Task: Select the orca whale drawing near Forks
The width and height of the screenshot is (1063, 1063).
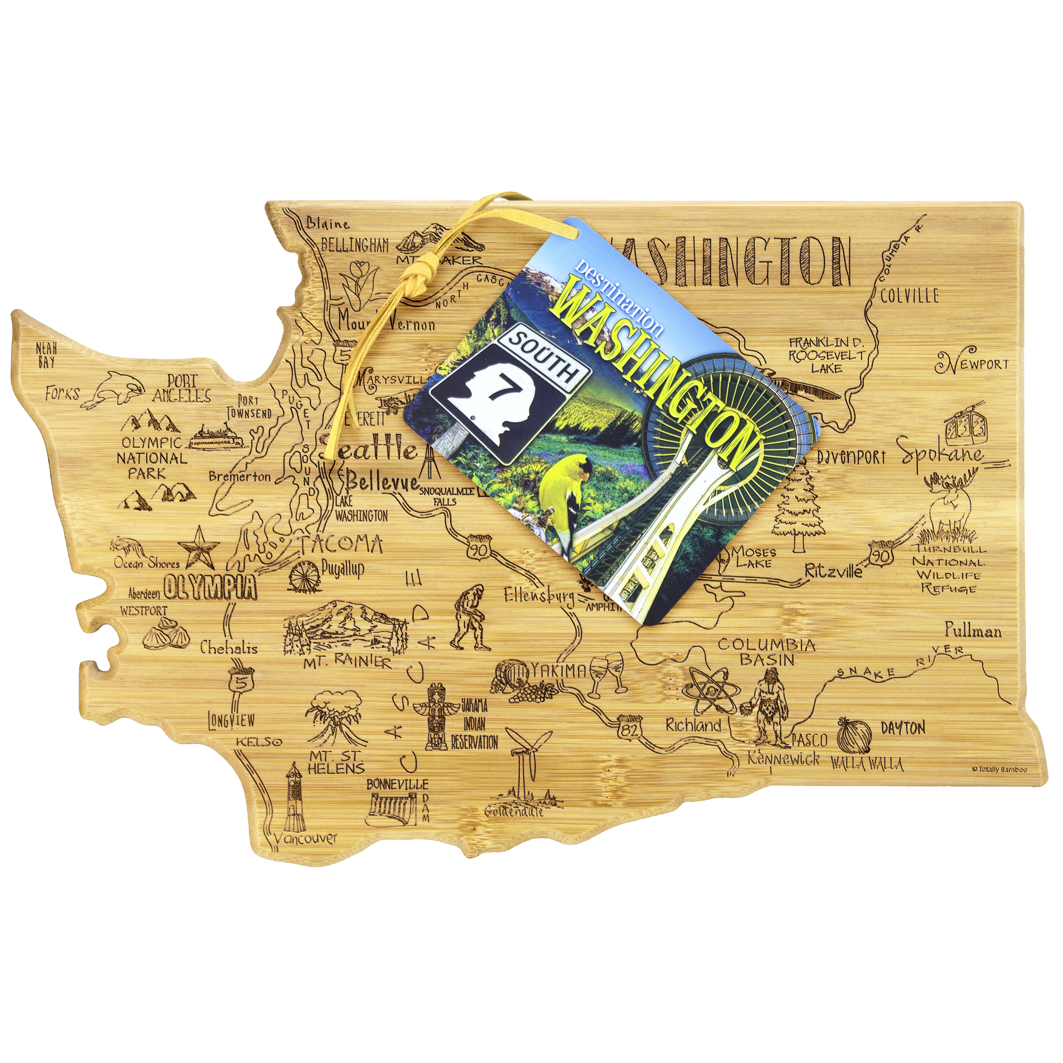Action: [119, 390]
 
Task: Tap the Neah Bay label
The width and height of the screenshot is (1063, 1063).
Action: [46, 355]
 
